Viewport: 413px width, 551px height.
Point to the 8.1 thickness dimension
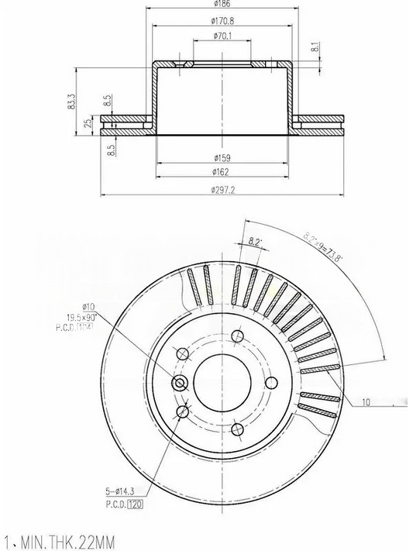(315, 47)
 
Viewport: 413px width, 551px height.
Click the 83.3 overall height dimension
(72, 101)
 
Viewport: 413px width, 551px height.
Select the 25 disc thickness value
(88, 122)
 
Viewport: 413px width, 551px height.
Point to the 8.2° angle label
(255, 242)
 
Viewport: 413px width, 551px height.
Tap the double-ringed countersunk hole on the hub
(181, 383)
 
